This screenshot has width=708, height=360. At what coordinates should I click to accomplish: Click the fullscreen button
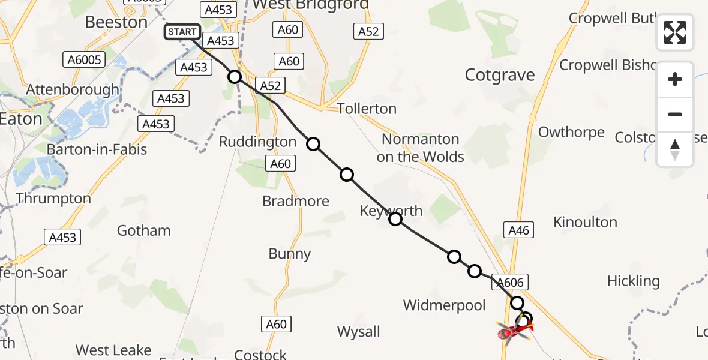point(675,32)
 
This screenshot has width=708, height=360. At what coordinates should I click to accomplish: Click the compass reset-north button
point(675,149)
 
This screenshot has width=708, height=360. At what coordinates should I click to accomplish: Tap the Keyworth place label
point(391,211)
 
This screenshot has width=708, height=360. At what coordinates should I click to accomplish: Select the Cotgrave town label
point(500,76)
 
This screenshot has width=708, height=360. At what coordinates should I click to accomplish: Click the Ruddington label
point(257,142)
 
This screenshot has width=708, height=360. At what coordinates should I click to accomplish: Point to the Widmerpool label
point(444,305)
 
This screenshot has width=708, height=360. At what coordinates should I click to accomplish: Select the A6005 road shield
point(85,59)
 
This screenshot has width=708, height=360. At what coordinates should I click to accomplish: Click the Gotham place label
point(143,230)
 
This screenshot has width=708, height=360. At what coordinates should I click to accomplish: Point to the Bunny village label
point(290,254)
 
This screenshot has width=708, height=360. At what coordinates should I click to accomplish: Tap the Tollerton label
point(367,109)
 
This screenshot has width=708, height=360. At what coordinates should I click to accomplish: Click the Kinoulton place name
point(585,222)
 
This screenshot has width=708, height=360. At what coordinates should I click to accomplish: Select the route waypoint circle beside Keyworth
point(395,219)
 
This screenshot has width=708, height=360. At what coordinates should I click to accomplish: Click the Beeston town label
point(116,22)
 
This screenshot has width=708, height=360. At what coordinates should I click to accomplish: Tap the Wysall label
point(359,332)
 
